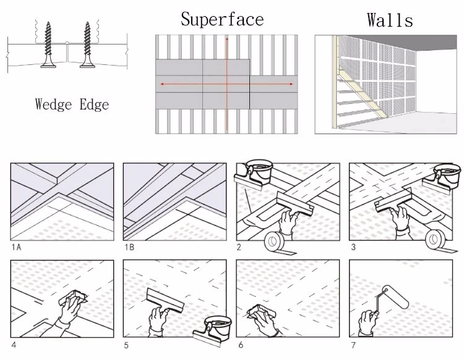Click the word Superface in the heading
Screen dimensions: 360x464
point(222,19)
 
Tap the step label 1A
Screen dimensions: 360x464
point(16,247)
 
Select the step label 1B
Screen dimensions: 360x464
point(129,247)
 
